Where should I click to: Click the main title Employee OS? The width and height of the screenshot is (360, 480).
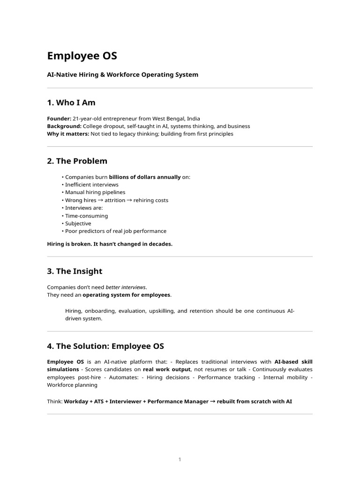[82, 56]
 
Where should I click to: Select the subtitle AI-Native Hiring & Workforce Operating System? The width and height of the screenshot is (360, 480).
[123, 75]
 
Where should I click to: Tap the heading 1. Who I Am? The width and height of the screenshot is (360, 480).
[71, 103]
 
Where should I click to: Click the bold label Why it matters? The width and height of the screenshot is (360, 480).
[68, 134]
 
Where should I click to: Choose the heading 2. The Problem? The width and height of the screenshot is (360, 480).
[77, 161]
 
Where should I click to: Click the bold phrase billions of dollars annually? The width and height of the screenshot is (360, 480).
[145, 177]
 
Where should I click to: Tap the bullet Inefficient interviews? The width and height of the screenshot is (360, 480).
[92, 185]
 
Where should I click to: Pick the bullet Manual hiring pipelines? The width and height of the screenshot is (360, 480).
[95, 192]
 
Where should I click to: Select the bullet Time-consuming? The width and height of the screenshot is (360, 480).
[86, 216]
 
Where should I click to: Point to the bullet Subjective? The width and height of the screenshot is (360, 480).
[78, 224]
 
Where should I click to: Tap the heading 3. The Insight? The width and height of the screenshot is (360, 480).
[75, 271]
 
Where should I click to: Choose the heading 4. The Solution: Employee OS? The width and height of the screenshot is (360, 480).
[105, 346]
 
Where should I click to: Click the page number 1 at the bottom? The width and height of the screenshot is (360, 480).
[180, 460]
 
